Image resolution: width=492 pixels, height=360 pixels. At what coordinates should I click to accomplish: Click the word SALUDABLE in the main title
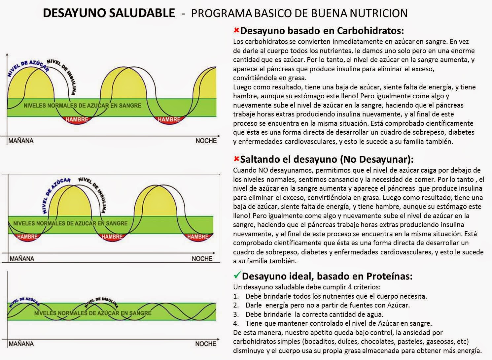(x=142, y=13)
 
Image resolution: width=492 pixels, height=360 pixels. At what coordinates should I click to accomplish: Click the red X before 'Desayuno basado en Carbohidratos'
(x=236, y=30)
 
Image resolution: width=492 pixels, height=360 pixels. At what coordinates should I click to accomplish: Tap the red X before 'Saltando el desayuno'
(x=236, y=158)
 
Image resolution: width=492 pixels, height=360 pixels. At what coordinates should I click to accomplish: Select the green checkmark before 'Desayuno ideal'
(x=237, y=275)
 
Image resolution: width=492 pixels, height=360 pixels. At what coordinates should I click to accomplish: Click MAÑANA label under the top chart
(x=21, y=141)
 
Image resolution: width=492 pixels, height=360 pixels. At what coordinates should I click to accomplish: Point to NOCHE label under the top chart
(x=206, y=141)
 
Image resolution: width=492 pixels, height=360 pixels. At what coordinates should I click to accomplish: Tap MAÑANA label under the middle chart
(x=22, y=259)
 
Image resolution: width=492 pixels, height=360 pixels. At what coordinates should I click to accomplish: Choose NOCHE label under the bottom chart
(x=206, y=344)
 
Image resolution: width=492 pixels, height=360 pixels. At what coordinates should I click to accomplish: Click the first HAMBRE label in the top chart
(x=77, y=119)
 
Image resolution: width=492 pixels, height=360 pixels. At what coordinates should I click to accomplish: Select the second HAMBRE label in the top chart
(x=169, y=119)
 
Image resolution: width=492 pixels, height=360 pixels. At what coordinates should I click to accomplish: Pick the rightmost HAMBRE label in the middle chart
(x=198, y=237)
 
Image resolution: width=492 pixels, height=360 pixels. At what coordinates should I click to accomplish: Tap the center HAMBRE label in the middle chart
(x=112, y=237)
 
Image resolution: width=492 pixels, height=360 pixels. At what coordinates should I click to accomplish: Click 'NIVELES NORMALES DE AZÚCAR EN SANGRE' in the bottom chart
(x=93, y=313)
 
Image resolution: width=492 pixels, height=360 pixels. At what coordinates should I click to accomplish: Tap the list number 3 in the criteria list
(x=236, y=314)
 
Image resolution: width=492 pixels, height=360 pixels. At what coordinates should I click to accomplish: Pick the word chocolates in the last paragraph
(x=378, y=342)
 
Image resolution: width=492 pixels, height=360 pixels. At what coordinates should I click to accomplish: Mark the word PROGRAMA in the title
(x=222, y=13)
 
